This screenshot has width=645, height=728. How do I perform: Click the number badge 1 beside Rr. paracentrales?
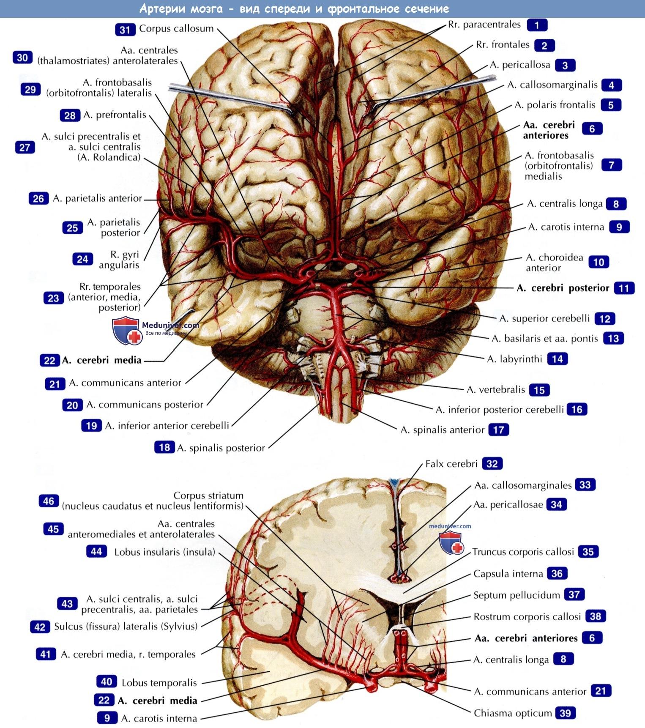[537, 25]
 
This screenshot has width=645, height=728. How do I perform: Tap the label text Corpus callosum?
[176, 28]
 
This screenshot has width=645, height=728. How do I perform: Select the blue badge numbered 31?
[125, 29]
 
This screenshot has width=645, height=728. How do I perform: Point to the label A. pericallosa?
[520, 65]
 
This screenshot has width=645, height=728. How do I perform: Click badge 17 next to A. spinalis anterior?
[498, 430]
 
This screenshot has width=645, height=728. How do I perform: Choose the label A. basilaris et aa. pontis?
[545, 338]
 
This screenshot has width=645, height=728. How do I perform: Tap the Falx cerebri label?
[451, 464]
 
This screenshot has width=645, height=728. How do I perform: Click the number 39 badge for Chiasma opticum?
[565, 713]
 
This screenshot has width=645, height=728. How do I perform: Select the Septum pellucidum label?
[517, 595]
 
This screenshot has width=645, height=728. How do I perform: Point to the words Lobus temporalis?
[159, 682]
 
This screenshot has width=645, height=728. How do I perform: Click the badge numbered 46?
[49, 501]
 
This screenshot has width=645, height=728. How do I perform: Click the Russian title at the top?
[294, 8]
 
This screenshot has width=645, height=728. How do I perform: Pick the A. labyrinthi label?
[514, 359]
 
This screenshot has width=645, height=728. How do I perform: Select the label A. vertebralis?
[496, 389]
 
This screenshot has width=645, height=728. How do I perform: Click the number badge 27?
[25, 147]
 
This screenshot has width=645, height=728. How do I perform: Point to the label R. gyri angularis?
[119, 260]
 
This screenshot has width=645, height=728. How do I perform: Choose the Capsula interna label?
[508, 573]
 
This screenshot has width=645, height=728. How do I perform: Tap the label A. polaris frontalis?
[555, 105]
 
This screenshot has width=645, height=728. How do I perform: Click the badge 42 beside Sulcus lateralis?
[40, 627]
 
